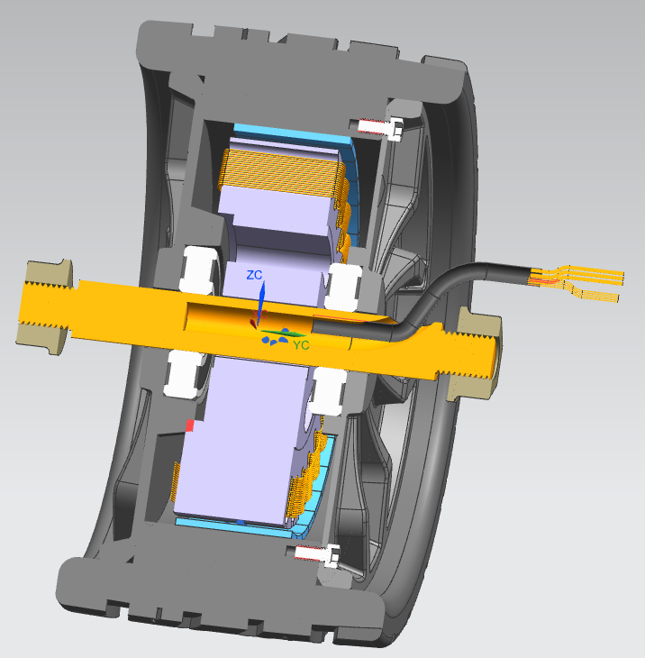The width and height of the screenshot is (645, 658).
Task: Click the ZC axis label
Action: (x=255, y=274)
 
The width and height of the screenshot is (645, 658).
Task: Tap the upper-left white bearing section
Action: (x=201, y=268)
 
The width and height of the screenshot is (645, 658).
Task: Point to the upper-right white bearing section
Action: (x=343, y=285)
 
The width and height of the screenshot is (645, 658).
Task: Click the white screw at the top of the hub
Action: (x=380, y=127)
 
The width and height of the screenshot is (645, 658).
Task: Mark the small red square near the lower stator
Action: (x=189, y=425)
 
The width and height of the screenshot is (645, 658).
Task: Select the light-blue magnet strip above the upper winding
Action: (x=288, y=135)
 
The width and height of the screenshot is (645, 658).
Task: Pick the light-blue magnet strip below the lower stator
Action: (x=225, y=522)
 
